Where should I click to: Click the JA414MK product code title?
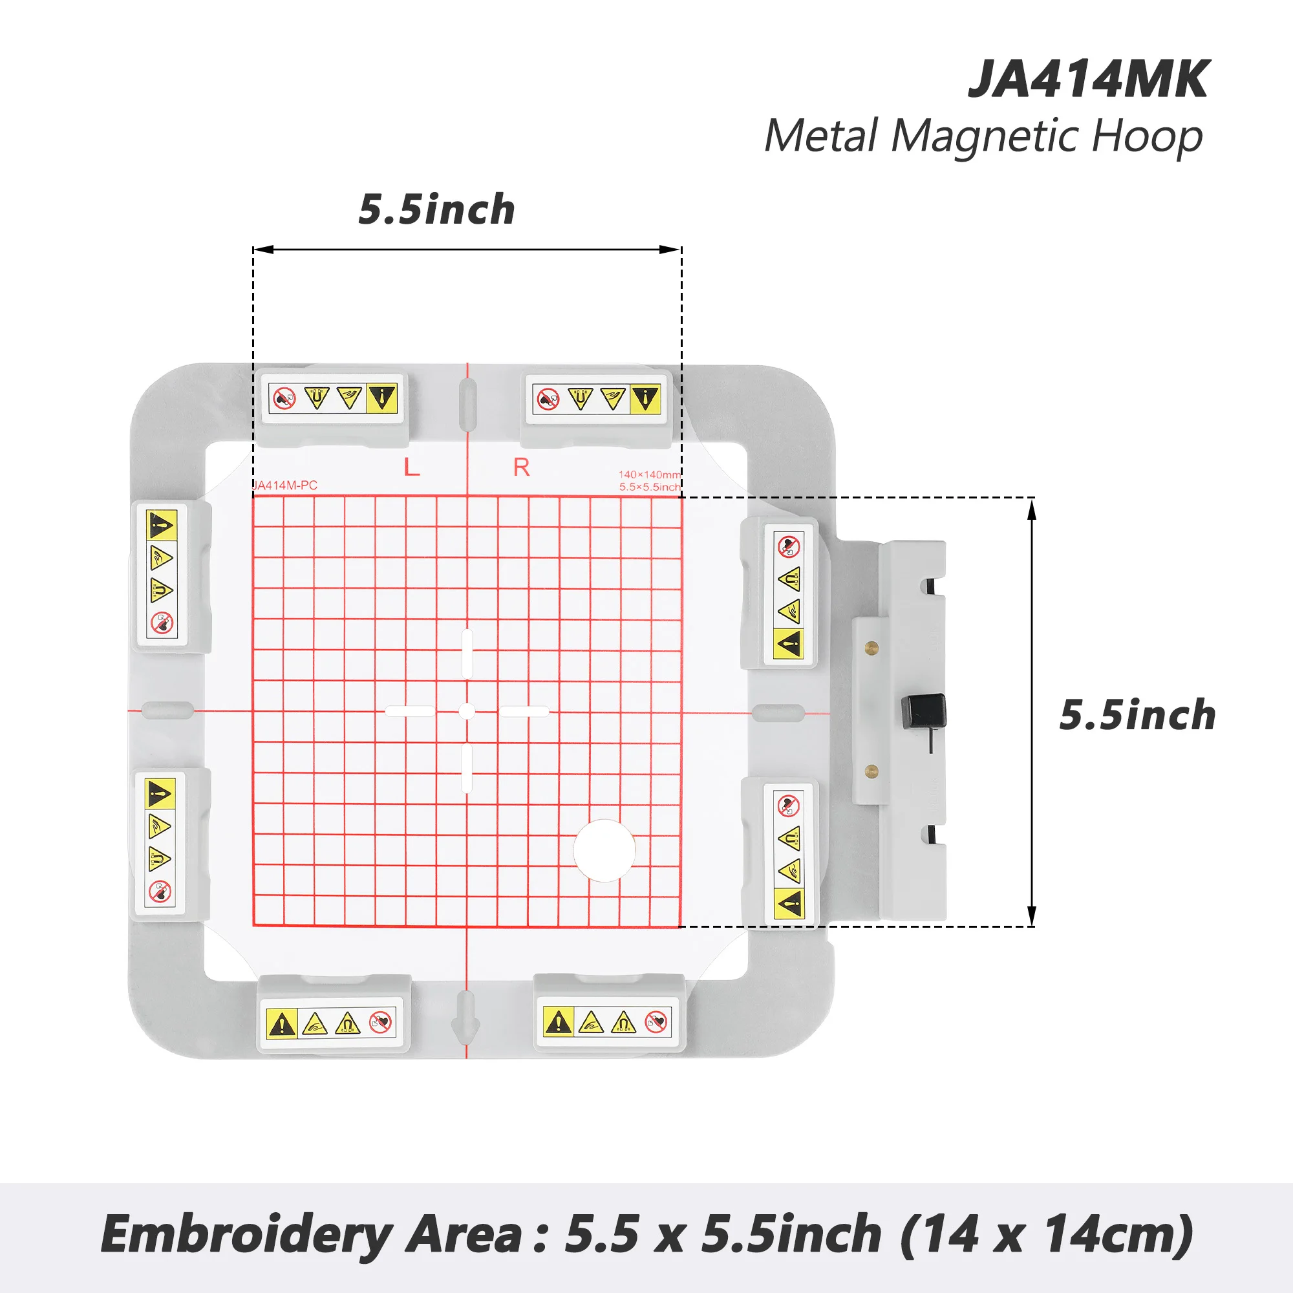(x=1088, y=80)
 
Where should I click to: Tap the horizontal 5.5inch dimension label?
(x=436, y=209)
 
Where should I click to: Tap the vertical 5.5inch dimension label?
(x=1137, y=715)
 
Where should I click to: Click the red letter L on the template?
(x=412, y=467)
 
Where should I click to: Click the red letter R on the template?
(x=521, y=467)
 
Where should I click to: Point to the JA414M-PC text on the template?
(x=286, y=486)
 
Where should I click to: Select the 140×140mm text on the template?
(x=648, y=475)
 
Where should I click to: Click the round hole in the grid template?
(x=604, y=851)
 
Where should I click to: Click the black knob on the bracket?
(x=924, y=711)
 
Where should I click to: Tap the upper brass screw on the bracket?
(x=871, y=646)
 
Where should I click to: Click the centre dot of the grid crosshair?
(x=467, y=711)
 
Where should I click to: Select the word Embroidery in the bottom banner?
(x=246, y=1234)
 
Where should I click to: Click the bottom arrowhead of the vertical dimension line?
(x=1031, y=916)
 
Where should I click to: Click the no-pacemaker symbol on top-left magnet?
(x=284, y=398)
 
